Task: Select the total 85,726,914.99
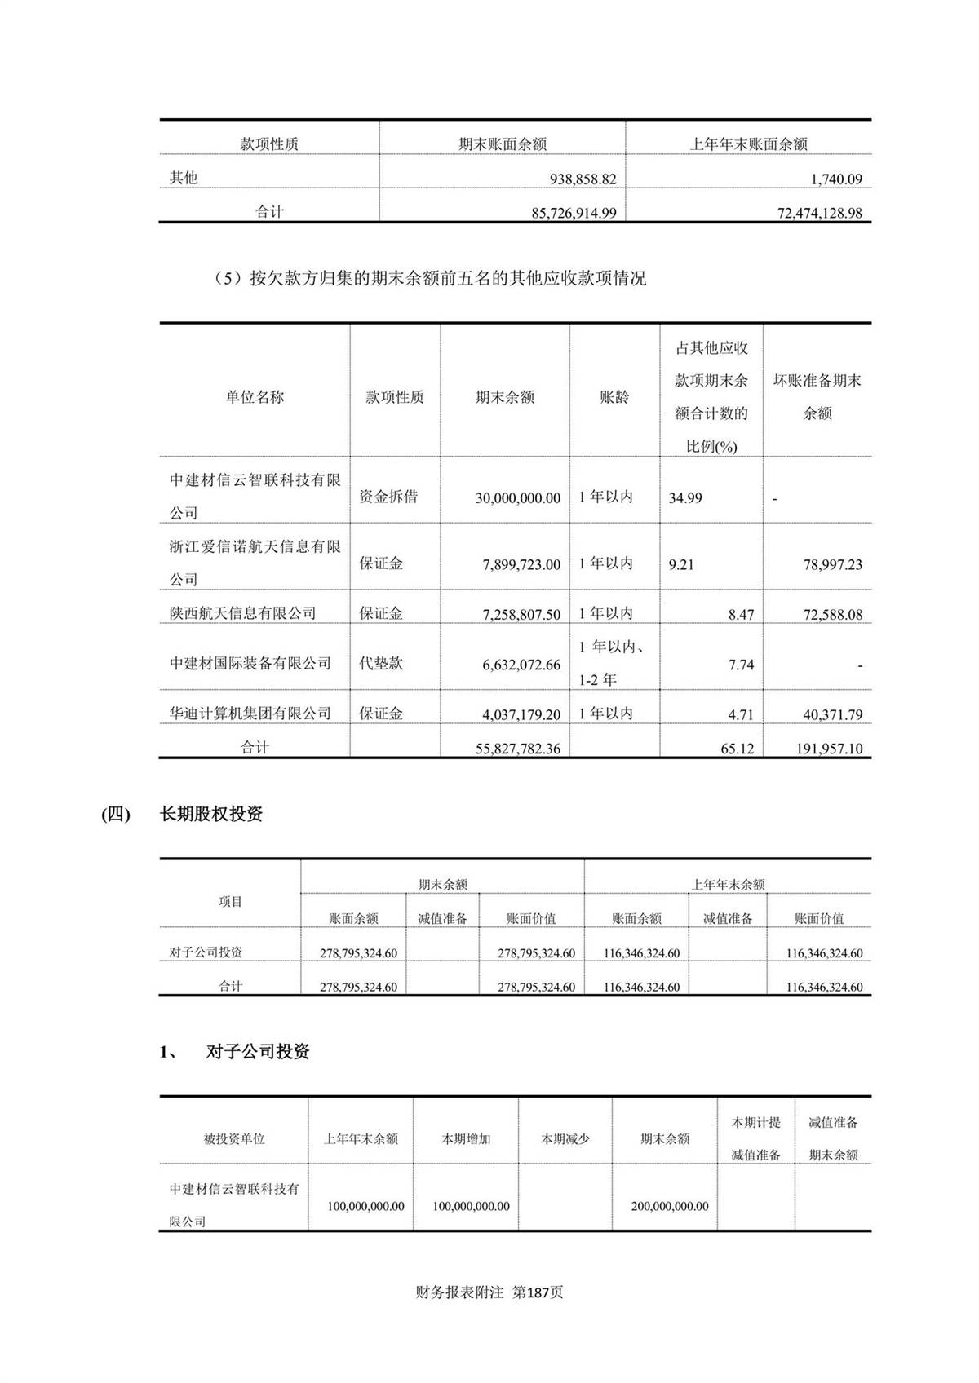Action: coord(574,213)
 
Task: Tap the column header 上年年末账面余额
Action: coord(748,144)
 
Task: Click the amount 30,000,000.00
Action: coord(517,497)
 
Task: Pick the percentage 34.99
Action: coord(684,497)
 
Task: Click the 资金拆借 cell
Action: coord(388,497)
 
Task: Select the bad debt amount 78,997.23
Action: coord(832,564)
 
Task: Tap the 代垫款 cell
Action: coord(381,663)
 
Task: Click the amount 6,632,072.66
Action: coord(521,665)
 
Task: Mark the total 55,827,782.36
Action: coord(517,749)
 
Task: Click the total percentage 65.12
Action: coord(737,749)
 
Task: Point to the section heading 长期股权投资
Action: coord(211,814)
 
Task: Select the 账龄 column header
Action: coord(614,397)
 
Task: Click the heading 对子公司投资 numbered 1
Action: coord(258,1052)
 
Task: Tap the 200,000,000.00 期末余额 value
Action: coord(669,1206)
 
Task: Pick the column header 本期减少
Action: coord(565,1139)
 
